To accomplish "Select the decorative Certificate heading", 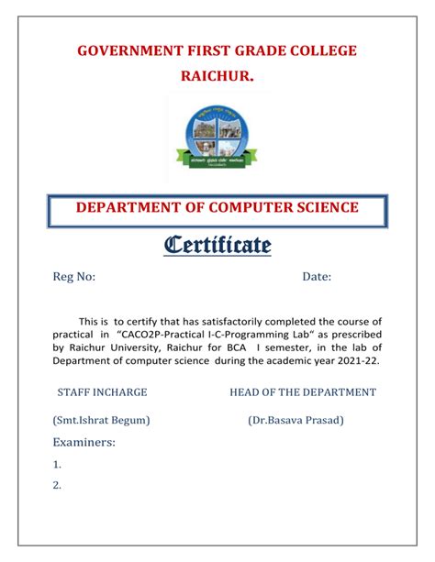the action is tap(217, 245).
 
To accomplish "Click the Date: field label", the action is tap(317, 278).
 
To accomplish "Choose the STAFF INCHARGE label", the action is tap(102, 391).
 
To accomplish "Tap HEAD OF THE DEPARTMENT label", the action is tap(303, 391).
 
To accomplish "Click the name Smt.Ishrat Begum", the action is tap(102, 420).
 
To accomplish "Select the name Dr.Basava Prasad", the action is tap(296, 420).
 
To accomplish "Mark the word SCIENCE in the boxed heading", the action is tap(326, 208).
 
